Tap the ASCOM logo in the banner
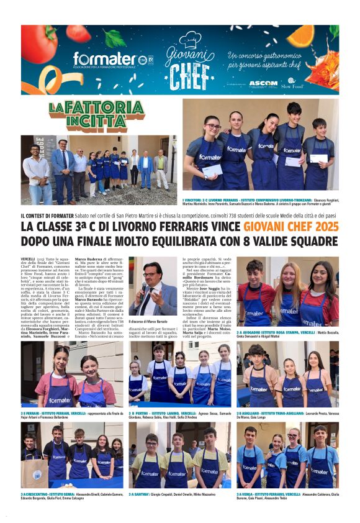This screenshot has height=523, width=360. pos(263,83)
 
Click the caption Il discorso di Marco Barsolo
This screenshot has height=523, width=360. pos(148,322)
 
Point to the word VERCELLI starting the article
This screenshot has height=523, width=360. pos(27,258)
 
